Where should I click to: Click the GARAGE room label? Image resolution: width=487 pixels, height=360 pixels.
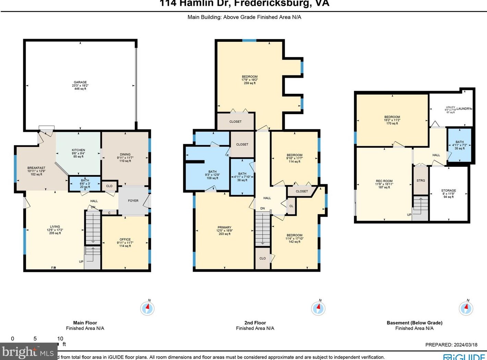[x=80, y=82]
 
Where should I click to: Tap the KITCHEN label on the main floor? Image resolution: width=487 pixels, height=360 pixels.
[x=78, y=150]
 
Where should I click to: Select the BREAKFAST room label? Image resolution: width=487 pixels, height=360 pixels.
[x=36, y=168]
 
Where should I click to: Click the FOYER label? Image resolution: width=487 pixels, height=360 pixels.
[x=133, y=201]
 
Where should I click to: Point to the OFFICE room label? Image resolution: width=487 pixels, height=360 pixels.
[x=125, y=239]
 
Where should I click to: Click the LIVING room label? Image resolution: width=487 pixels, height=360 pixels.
[x=55, y=226]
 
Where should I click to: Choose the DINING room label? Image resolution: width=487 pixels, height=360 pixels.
[x=125, y=154]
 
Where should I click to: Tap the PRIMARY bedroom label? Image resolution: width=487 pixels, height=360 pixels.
[x=224, y=227]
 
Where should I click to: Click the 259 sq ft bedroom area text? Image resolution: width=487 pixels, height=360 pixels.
[x=249, y=83]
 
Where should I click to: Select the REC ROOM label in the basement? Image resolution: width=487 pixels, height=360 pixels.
[x=384, y=181]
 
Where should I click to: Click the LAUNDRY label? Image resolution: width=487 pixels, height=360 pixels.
[x=464, y=109]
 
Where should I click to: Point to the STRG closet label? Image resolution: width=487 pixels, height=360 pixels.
[x=421, y=181]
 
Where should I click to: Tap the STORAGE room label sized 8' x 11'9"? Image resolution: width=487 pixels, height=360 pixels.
[x=449, y=190]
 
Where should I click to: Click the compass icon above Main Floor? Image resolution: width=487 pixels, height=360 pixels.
[x=147, y=308]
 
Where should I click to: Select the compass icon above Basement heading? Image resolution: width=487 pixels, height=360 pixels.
[x=466, y=308]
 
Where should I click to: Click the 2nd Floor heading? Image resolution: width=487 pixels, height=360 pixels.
[x=255, y=323]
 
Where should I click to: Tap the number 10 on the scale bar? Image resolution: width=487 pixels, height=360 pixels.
[x=60, y=339]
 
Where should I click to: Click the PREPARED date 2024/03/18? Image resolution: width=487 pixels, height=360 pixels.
[x=451, y=345]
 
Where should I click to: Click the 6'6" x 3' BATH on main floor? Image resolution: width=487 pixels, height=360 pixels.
[x=85, y=184]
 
